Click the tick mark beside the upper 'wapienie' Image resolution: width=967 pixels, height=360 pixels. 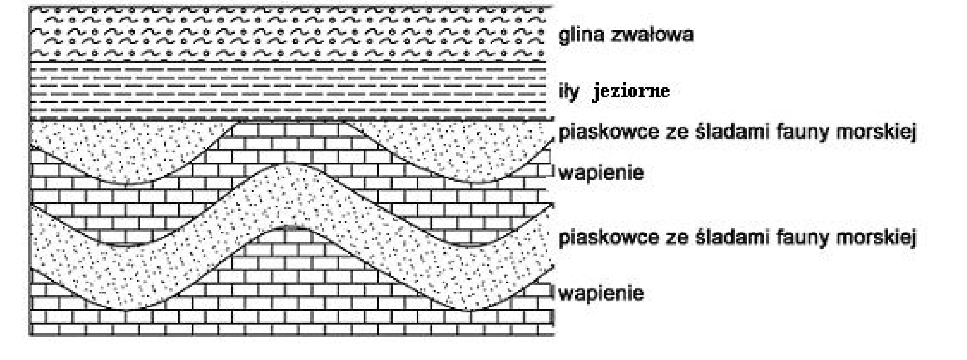[553, 171]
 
